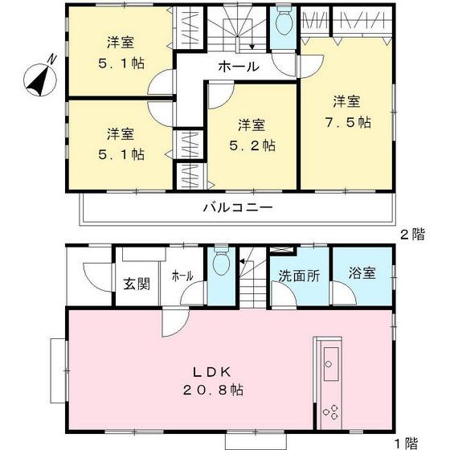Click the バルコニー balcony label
click(236, 207)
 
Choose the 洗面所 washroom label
click(299, 275)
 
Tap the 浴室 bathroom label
click(362, 274)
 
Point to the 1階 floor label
click(407, 442)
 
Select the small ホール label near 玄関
click(182, 276)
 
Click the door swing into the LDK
click(172, 323)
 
